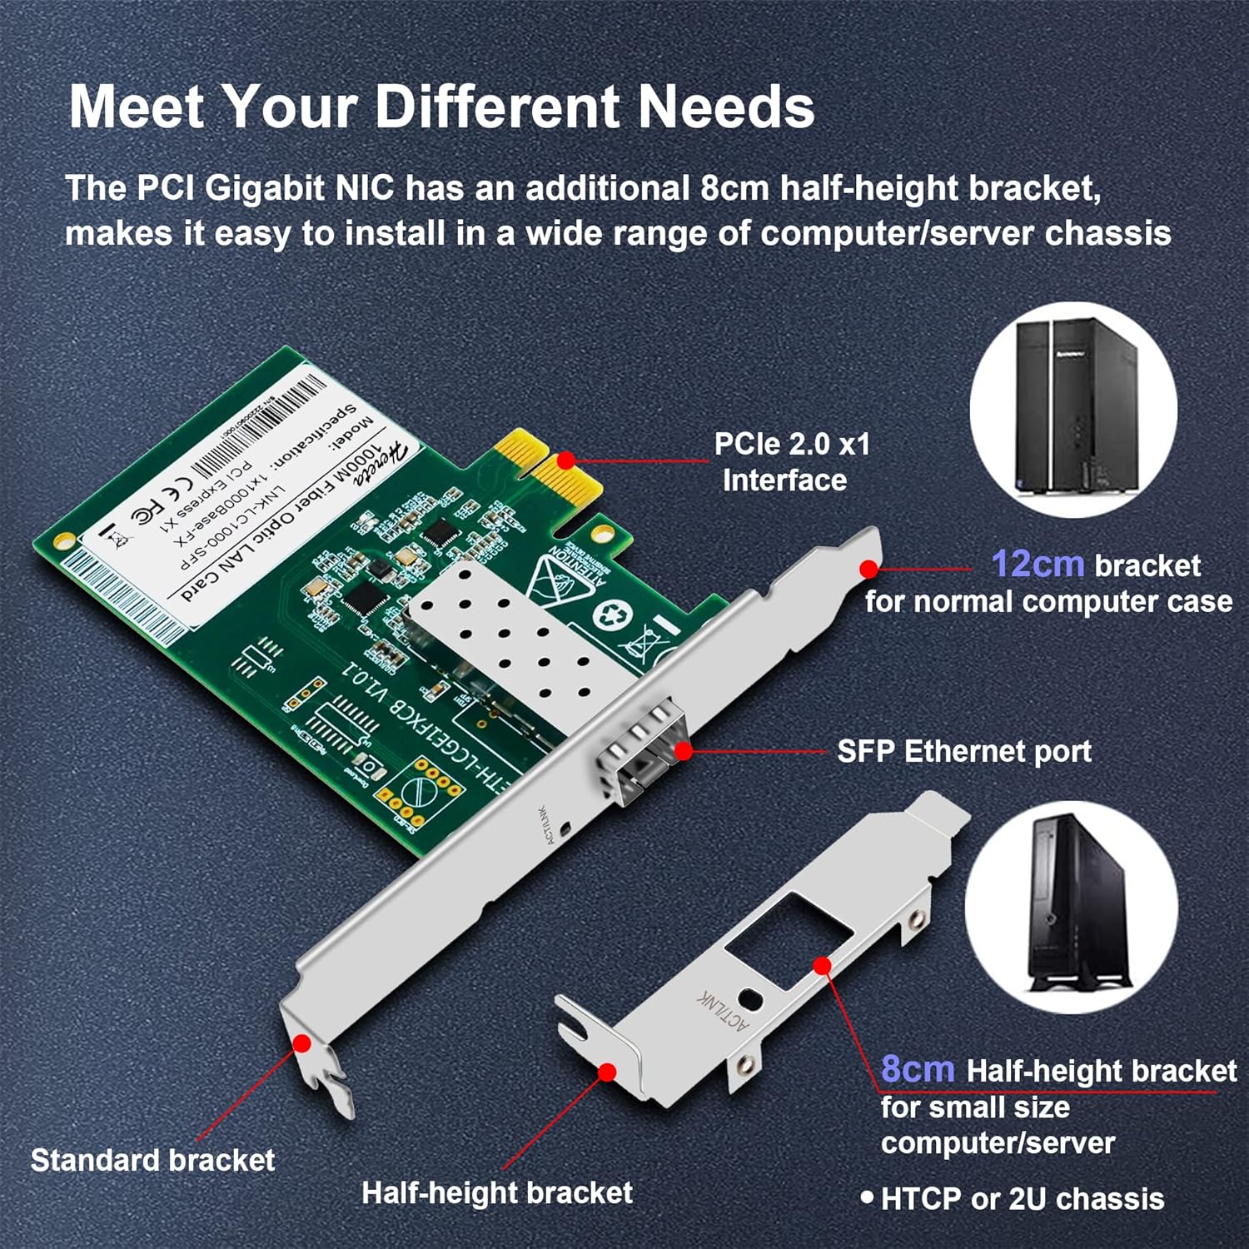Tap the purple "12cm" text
1037,565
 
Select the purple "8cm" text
918,1069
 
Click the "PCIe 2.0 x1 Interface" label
791,462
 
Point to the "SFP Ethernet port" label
963,751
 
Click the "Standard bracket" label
152,1160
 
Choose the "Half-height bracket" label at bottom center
496,1192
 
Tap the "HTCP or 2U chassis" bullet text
1022,1199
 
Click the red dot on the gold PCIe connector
565,460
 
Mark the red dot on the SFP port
683,751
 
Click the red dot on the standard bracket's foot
302,1042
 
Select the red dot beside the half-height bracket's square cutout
822,965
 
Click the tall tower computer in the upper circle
1074,408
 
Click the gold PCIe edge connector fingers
541,466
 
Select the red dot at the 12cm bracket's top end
868,569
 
